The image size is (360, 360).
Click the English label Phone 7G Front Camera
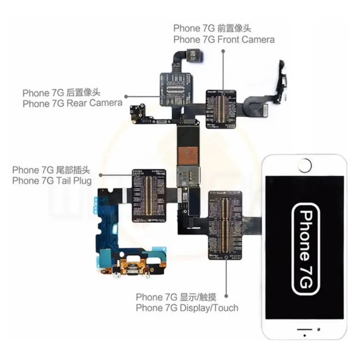[224, 39]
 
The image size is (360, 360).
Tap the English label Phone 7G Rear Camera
[72, 103]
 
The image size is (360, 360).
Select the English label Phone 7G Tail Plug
[52, 180]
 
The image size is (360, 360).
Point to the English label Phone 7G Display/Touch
[187, 308]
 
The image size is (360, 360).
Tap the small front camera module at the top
[193, 56]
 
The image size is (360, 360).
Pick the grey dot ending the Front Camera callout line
[223, 52]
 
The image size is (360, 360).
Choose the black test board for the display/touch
[225, 225]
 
